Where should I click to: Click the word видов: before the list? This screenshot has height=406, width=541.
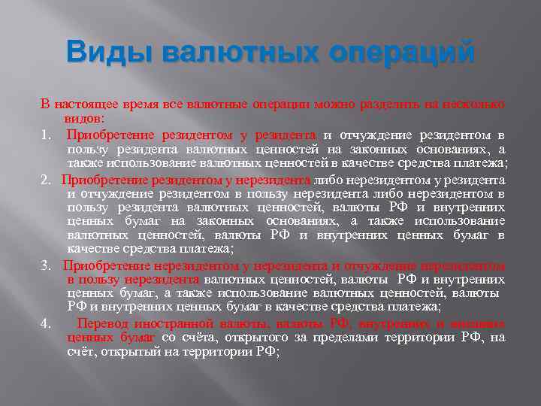click(x=86, y=119)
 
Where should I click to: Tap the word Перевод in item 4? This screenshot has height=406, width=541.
click(x=101, y=323)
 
